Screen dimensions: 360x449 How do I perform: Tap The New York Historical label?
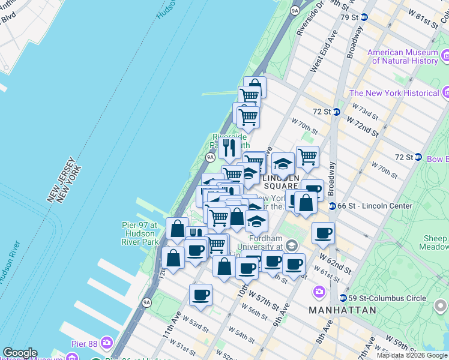coord(394,93)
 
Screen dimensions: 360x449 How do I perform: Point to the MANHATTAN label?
coord(342,310)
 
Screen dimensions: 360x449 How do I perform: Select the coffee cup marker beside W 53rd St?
coord(200,295)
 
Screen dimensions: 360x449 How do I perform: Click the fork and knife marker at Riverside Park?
coord(229,148)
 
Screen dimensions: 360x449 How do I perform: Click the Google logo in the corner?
coord(19,353)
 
